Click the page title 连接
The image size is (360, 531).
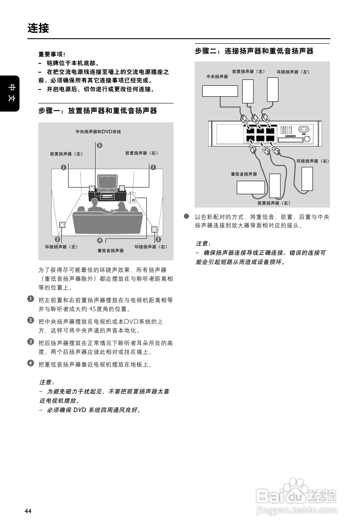tap(38, 29)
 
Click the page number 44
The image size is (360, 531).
tap(28, 511)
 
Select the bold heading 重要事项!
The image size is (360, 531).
tap(52, 55)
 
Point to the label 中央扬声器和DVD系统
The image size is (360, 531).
tap(98, 132)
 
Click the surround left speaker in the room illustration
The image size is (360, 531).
tap(62, 225)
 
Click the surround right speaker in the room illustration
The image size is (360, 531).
tap(154, 230)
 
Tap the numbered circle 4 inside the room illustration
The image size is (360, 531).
tap(99, 240)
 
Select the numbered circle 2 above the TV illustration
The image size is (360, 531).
tap(100, 145)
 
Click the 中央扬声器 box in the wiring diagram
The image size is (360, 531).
tap(220, 91)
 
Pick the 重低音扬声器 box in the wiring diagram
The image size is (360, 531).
tap(251, 187)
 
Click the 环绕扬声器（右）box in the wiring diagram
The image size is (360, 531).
tap(307, 179)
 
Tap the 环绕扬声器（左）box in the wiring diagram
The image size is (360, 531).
tap(273, 90)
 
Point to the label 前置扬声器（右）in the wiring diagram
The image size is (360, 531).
tap(274, 203)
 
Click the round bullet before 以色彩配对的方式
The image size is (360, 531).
tap(185, 216)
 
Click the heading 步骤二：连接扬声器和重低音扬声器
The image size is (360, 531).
tap(254, 51)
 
